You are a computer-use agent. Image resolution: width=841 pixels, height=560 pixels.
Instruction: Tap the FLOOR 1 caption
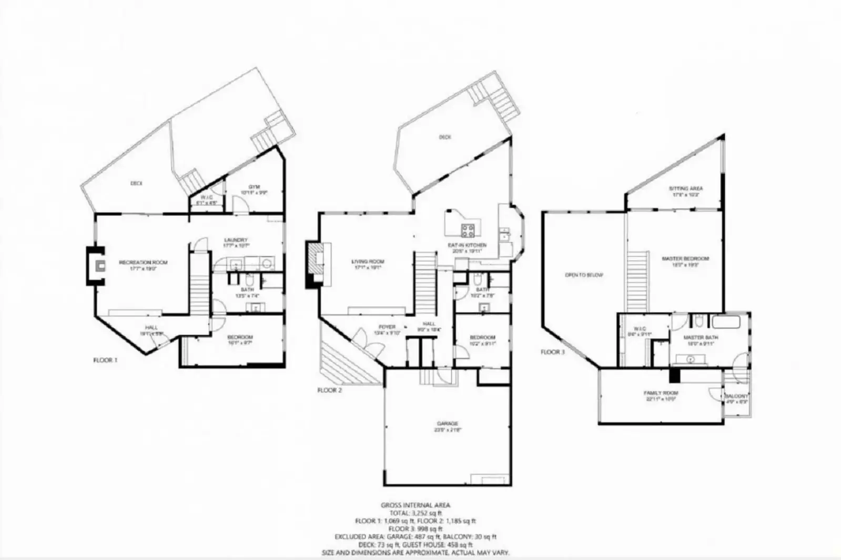105,360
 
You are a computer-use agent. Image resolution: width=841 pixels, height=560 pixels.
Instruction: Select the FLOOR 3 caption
552,352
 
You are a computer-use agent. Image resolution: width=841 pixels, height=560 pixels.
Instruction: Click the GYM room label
255,187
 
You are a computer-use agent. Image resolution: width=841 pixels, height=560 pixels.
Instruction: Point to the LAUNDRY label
235,240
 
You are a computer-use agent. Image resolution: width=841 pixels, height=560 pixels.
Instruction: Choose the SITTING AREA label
685,188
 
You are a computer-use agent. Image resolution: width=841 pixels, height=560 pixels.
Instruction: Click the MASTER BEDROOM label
685,258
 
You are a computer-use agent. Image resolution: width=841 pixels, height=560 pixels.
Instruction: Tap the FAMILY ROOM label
661,393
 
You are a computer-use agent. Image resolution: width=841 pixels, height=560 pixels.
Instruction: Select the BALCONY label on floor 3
736,396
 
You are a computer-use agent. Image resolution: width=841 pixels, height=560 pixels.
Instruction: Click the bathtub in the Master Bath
726,322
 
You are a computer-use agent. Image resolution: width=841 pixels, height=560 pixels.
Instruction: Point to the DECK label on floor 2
445,137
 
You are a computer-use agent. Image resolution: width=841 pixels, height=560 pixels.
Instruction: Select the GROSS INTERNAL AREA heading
416,505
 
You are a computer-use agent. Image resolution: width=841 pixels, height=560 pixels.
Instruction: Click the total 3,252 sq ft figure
416,513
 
